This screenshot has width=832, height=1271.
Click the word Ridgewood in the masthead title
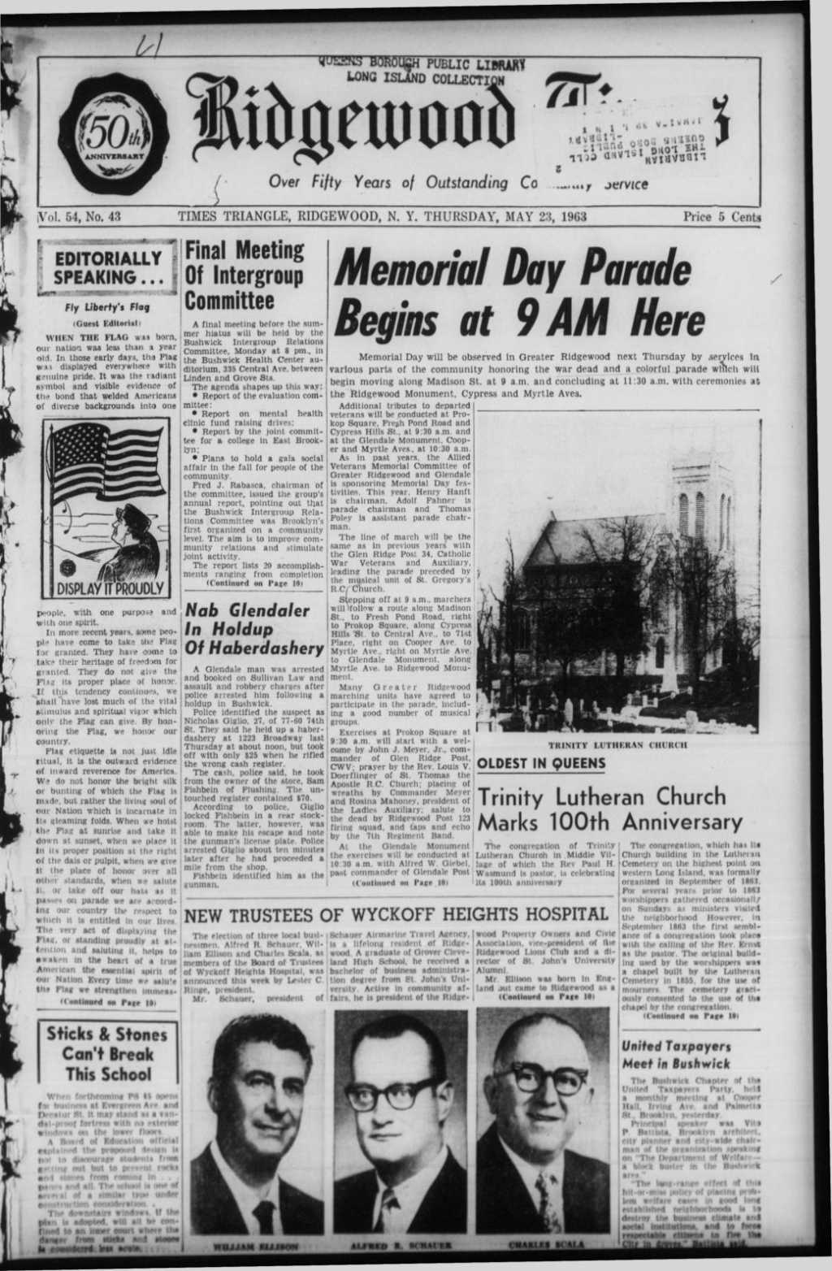tap(354, 131)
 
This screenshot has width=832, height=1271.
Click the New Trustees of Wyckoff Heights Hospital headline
tap(397, 914)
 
